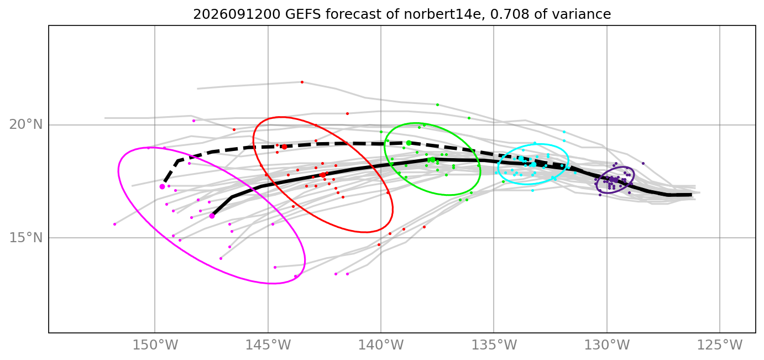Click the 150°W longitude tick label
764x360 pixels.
[155, 345]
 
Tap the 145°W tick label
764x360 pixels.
[268, 345]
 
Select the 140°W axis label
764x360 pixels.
[381, 345]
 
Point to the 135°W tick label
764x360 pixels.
[494, 345]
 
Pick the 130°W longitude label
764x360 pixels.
[607, 345]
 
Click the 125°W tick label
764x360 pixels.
[720, 345]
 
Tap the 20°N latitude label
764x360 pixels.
[26, 124]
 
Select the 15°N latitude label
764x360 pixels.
[26, 238]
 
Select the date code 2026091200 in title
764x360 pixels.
[237, 14]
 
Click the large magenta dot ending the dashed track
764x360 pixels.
[163, 187]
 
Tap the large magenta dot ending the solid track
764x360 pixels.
[212, 216]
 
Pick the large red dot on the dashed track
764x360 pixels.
[285, 147]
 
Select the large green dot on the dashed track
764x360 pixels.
[409, 143]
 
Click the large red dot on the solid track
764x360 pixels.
[323, 175]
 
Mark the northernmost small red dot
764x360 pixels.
[302, 82]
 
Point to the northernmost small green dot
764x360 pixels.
[438, 105]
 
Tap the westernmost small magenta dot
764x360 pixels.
[114, 224]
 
